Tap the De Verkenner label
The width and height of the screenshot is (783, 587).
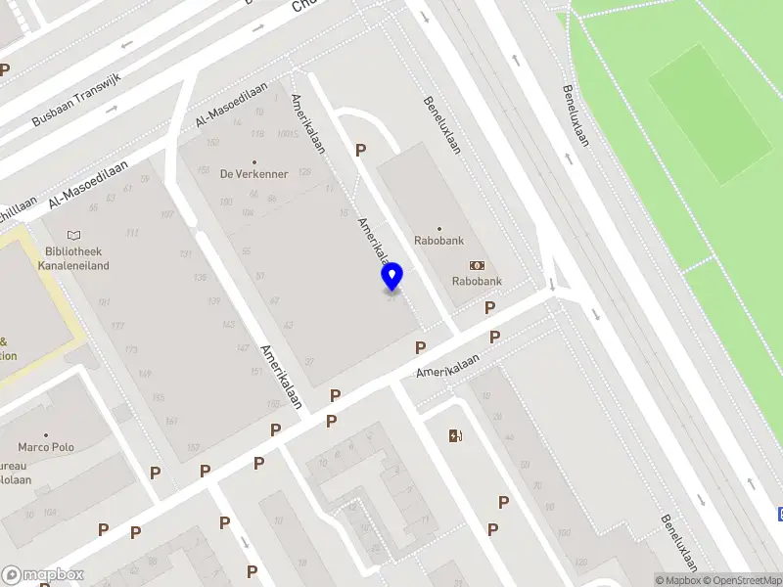point(253,175)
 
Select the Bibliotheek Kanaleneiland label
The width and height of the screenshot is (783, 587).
point(73,258)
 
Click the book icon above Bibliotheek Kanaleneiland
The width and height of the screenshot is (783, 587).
point(73,236)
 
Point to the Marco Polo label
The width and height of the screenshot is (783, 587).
point(46,448)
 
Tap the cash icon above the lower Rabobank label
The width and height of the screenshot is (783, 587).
point(477,265)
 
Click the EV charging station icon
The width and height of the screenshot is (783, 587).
point(454,435)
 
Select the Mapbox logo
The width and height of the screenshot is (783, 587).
point(42,574)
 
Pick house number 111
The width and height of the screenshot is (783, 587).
point(132,233)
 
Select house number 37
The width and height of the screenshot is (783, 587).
point(309,362)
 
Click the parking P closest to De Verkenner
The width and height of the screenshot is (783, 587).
point(360,150)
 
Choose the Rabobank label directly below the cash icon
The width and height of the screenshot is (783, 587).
point(477,282)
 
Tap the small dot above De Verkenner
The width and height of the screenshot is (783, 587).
point(254,162)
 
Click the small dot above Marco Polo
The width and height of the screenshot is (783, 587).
point(46,435)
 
